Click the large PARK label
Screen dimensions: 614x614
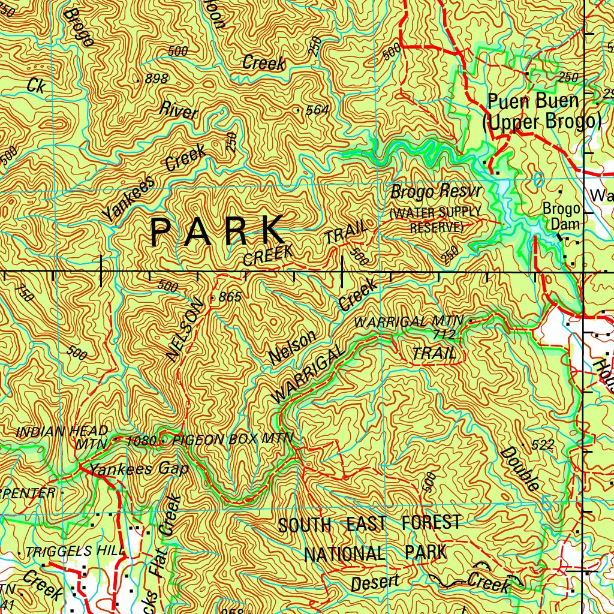click(217, 231)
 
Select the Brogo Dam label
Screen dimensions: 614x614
click(561, 216)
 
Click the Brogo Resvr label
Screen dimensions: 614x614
click(436, 193)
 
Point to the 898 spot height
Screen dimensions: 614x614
click(156, 79)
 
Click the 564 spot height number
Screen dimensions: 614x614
click(317, 110)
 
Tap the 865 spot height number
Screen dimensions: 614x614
click(230, 297)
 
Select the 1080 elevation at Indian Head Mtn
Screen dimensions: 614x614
click(142, 441)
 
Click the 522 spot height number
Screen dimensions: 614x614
click(542, 444)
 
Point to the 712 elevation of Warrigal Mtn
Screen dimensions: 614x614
click(445, 333)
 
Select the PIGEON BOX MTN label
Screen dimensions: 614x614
click(233, 440)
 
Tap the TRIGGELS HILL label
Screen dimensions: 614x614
click(75, 550)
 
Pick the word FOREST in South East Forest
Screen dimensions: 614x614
click(431, 523)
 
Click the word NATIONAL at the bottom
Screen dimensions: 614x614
click(344, 553)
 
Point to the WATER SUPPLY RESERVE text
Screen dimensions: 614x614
click(436, 220)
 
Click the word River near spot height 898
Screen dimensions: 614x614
click(178, 110)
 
